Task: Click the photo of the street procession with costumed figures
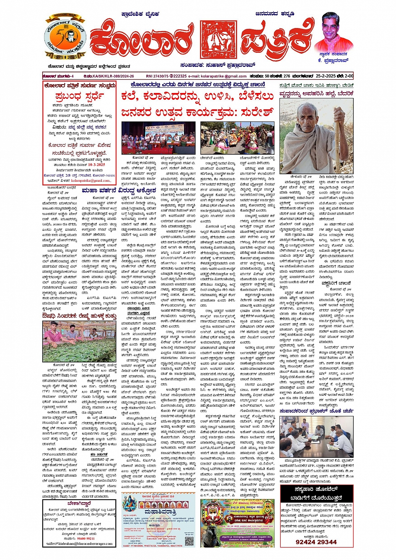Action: click(x=237, y=138)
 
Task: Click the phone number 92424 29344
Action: click(x=316, y=542)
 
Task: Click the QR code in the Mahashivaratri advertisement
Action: click(x=189, y=540)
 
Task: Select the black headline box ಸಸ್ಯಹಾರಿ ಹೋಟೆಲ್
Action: click(x=316, y=493)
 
